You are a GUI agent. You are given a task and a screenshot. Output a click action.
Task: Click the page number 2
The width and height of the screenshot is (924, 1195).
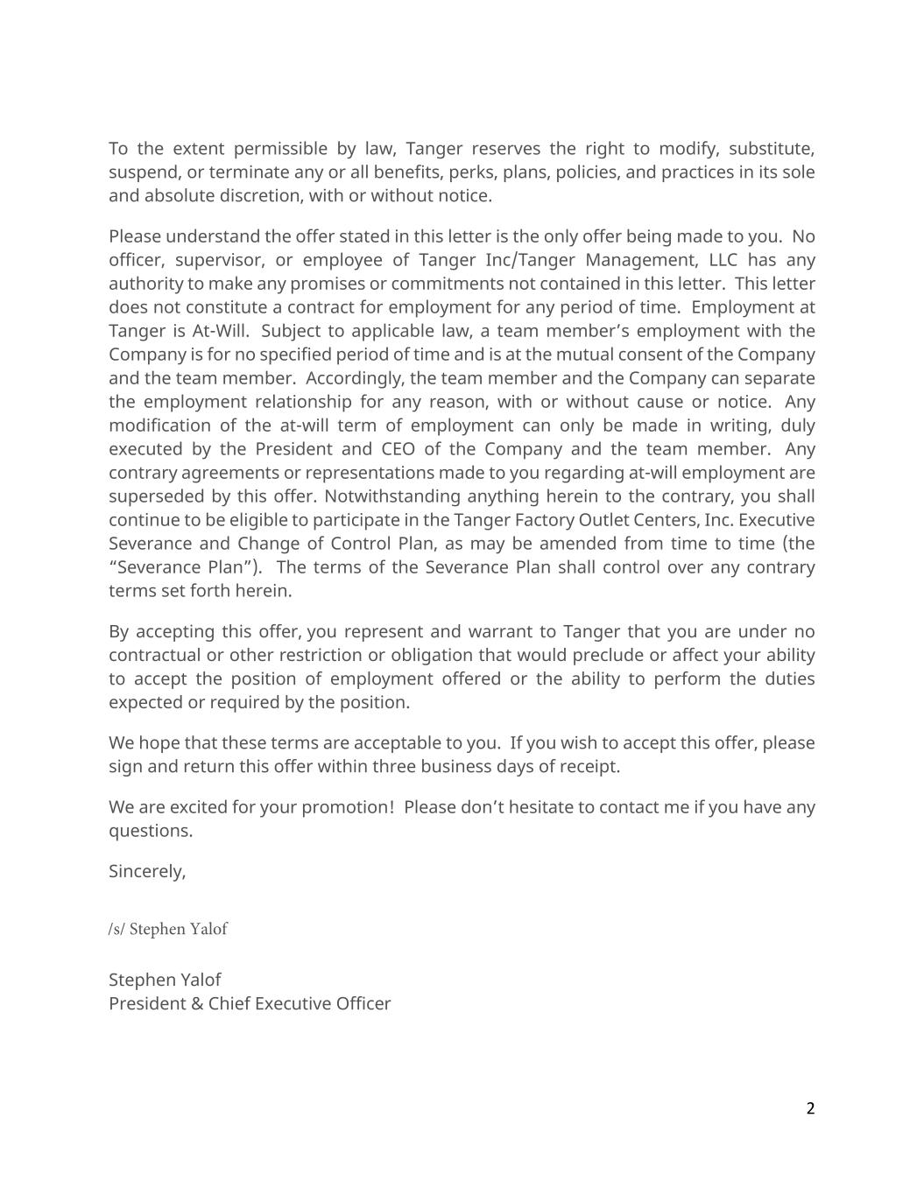click(810, 1109)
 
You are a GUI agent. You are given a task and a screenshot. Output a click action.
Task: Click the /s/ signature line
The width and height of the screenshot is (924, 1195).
click(168, 929)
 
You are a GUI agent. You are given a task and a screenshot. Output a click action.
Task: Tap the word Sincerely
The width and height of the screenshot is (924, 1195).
click(146, 872)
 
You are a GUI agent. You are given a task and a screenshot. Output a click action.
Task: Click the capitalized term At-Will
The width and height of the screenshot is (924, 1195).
click(219, 332)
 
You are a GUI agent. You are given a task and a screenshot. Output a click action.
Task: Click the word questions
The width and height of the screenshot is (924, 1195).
click(150, 831)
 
